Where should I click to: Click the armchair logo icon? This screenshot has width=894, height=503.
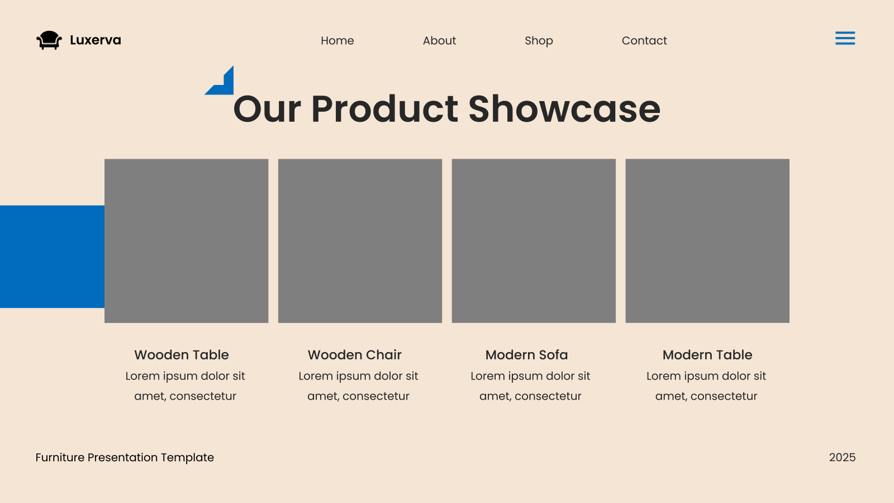click(x=49, y=40)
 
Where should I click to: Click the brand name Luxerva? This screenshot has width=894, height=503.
click(x=96, y=40)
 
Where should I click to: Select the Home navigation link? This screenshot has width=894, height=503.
click(x=337, y=40)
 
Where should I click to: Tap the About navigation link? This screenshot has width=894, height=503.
click(x=439, y=40)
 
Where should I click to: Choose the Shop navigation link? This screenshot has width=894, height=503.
click(x=539, y=41)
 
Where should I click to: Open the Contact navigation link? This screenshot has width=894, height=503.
click(x=644, y=40)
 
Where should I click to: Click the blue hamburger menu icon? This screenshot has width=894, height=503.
click(x=845, y=38)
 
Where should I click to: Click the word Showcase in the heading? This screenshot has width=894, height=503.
click(x=564, y=109)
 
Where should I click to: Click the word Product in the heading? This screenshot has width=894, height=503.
click(x=384, y=109)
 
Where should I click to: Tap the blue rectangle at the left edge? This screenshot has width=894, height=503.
click(x=53, y=257)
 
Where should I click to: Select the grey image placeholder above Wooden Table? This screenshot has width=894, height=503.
click(x=187, y=241)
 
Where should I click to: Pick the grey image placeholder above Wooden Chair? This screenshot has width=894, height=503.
click(x=360, y=241)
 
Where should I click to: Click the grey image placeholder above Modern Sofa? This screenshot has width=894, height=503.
click(x=534, y=241)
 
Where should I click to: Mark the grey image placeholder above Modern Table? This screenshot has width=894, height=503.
click(x=707, y=241)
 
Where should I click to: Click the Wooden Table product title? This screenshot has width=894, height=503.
click(x=182, y=354)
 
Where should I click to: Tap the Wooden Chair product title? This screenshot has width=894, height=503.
click(x=355, y=354)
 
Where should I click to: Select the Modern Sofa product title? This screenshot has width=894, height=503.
click(x=526, y=354)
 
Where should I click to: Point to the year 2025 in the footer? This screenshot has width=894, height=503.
click(x=842, y=457)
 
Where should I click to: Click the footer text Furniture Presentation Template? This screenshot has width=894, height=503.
click(x=125, y=458)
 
